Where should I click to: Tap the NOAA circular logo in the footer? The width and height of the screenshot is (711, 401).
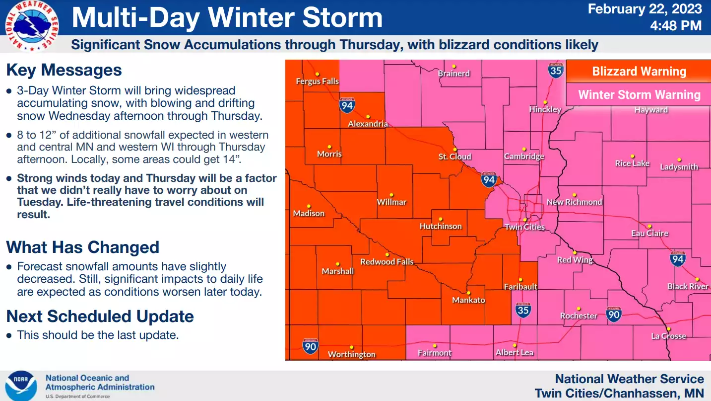tap(21, 386)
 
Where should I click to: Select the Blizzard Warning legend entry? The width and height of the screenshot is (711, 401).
tap(639, 72)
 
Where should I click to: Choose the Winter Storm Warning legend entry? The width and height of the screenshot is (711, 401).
tap(639, 95)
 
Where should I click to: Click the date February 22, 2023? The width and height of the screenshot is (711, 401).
tap(645, 9)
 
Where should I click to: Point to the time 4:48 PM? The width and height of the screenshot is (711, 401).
tap(676, 25)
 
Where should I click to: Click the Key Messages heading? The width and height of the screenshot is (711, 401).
tap(64, 70)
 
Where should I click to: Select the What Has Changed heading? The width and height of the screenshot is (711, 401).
tap(83, 247)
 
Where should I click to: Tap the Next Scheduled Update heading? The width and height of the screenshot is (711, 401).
tap(100, 316)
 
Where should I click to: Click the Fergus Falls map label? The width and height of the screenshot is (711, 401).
tap(317, 81)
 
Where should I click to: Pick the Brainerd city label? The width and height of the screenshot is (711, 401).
tap(453, 74)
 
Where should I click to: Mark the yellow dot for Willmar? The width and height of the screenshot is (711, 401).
tap(391, 195)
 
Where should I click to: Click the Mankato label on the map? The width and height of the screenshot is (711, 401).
tap(468, 300)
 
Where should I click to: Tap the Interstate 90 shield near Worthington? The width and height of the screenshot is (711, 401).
tap(310, 345)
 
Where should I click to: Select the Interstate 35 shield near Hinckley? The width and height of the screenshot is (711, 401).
tap(556, 70)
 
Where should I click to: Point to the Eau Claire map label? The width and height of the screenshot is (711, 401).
tap(649, 233)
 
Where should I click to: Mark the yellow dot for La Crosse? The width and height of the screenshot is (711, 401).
tap(668, 329)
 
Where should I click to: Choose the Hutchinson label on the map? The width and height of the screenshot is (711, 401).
tap(441, 226)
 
